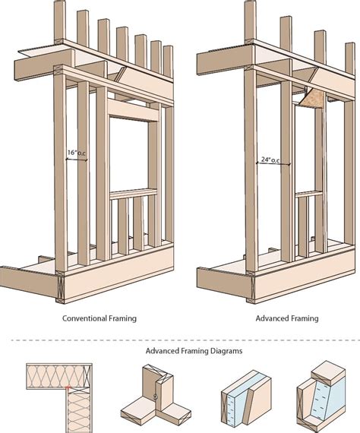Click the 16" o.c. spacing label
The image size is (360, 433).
(x=77, y=153)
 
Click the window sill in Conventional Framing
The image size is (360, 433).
(x=134, y=194)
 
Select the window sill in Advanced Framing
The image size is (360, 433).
(x=308, y=194)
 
